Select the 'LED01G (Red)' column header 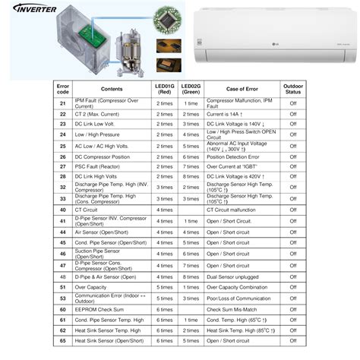(164, 89)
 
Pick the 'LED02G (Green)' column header (191, 89)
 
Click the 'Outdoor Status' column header (292, 89)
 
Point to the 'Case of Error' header (242, 89)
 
